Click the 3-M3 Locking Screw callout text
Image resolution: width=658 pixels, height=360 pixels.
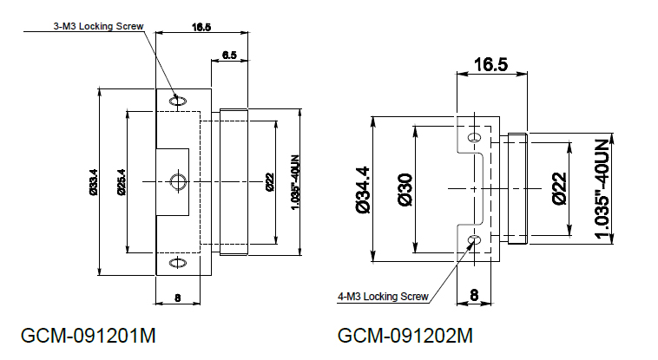(98, 26)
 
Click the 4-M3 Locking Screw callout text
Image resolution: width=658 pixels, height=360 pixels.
(383, 297)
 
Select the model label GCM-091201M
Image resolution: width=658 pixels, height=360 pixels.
(89, 336)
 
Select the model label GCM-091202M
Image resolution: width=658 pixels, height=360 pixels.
(405, 336)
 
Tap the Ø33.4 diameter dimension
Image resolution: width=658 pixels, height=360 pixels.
(93, 182)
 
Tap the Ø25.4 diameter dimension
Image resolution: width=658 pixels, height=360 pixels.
(122, 182)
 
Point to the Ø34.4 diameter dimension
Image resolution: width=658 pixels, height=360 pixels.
(363, 190)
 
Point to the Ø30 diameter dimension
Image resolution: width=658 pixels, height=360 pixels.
(405, 190)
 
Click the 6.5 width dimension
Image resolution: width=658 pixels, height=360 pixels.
(229, 55)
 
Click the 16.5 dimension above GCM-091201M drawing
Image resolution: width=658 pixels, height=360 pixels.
(201, 27)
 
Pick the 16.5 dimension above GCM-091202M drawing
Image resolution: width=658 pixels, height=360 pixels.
(491, 64)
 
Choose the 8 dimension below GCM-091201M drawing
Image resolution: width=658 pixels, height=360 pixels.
(177, 298)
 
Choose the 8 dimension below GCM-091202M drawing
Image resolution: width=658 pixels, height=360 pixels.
(474, 295)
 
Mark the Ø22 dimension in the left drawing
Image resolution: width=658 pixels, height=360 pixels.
(270, 182)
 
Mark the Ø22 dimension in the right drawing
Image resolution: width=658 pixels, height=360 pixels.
(560, 188)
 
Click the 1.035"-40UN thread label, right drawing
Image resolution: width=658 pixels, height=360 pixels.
(602, 189)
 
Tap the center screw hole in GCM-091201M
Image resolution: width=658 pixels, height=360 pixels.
(178, 181)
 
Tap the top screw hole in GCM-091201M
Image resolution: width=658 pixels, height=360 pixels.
(178, 101)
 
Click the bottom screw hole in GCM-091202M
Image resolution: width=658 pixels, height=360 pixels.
(475, 240)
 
